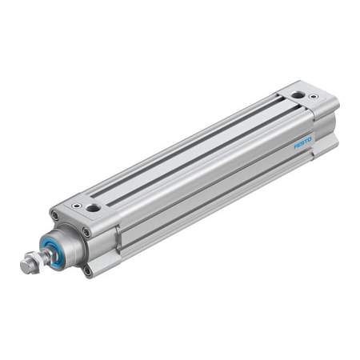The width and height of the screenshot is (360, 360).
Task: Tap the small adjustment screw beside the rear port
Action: coord(314,97)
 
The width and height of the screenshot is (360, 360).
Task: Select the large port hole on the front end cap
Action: coord(94,208)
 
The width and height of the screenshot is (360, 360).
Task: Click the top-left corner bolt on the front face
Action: coord(54,214)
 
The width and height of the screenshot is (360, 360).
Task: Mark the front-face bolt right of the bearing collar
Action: coord(86,232)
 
